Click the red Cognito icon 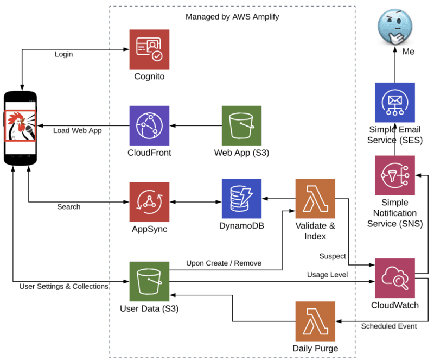(149, 49)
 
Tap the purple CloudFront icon (149, 125)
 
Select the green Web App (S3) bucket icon (241, 125)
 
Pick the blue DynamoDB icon (241, 199)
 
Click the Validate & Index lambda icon (315, 199)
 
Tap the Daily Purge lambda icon (315, 321)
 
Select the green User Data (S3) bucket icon (149, 281)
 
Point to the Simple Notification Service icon (395, 175)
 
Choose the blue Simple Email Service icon (395, 103)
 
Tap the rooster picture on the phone (21, 125)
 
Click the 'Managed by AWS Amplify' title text (232, 17)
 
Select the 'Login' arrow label (63, 54)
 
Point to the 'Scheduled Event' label (388, 326)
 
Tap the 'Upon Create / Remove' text (224, 263)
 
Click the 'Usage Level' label (327, 275)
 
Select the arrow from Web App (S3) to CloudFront (196, 125)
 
